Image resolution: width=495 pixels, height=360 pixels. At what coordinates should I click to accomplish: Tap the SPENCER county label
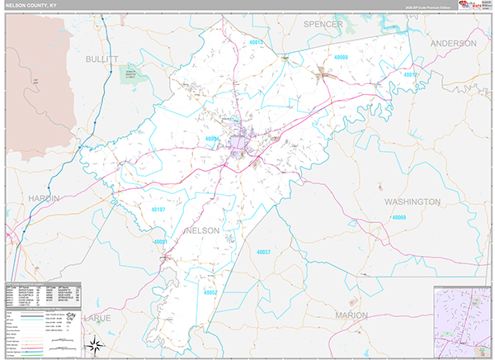coord(323,25)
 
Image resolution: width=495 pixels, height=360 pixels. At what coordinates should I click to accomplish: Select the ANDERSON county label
coord(452,43)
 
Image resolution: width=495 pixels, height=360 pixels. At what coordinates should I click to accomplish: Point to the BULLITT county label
coord(102,59)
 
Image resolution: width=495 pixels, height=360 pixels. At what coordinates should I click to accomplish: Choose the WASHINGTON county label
coord(412,201)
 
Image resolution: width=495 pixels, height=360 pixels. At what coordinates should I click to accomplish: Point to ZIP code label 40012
coord(411,75)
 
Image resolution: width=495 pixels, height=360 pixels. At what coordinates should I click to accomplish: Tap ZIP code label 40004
coord(214,139)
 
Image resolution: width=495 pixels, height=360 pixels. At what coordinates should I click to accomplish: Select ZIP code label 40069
coord(400,217)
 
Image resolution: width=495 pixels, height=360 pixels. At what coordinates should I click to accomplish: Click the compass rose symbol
coord(96,344)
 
